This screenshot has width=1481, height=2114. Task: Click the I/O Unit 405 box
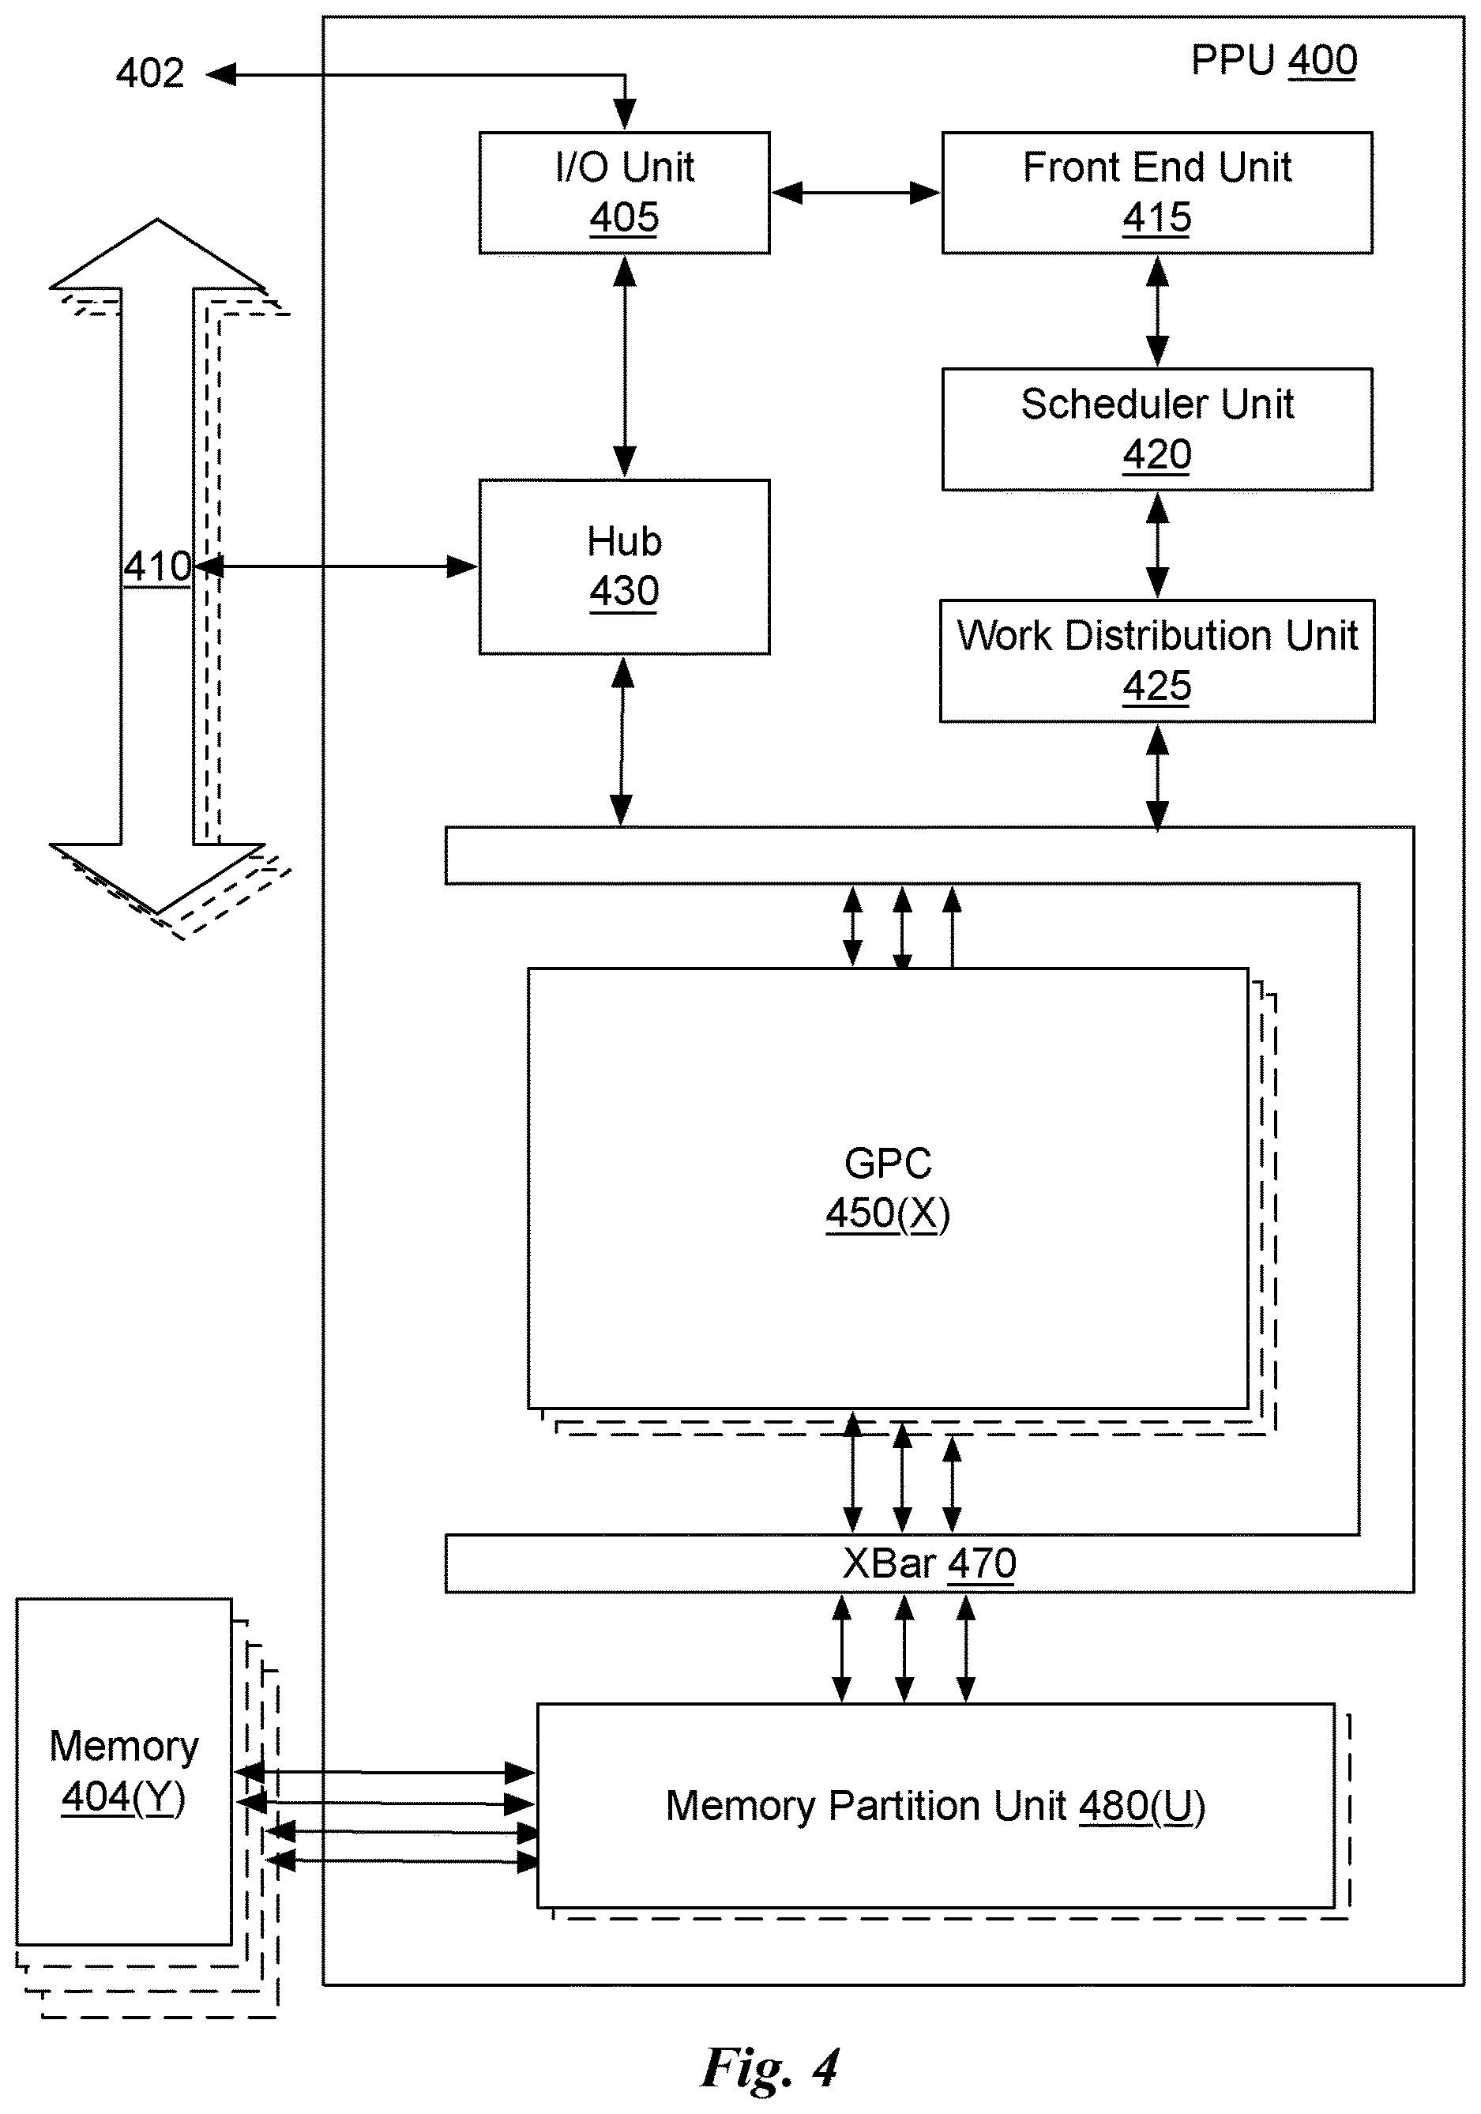coord(624,193)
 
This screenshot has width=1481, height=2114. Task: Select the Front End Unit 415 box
coord(1157,193)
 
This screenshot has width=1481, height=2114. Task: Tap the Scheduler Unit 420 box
coord(1157,429)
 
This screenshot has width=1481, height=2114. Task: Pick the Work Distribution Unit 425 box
coord(1157,661)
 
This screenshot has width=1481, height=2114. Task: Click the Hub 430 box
coord(624,566)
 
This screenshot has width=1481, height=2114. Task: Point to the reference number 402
coord(150,73)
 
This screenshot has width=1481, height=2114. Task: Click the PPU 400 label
coord(1274,61)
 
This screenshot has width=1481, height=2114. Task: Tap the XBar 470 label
coord(929,1563)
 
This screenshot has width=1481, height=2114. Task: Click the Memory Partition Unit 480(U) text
coord(935,1807)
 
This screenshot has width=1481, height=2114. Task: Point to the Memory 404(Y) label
coord(123,1771)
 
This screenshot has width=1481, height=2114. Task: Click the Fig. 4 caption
coord(769,2067)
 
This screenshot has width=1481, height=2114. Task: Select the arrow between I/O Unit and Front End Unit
coord(856,193)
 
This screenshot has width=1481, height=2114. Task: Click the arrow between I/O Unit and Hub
coord(625,367)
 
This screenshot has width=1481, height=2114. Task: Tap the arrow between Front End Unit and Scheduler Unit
coord(1157,311)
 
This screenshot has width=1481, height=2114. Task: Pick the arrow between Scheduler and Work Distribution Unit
coord(1157,545)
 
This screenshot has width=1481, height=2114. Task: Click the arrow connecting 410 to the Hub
coord(336,566)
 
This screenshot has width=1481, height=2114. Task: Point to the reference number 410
coord(157,567)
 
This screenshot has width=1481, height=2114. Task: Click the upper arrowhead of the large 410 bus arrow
coord(157,254)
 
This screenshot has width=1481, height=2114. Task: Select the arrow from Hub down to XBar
coord(622,741)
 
